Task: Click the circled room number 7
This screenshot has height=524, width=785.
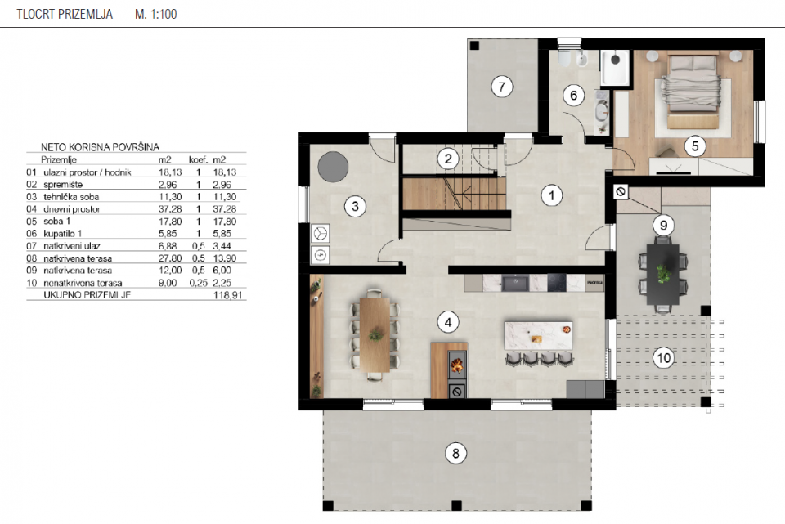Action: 501,87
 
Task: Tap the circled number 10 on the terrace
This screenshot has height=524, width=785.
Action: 663,358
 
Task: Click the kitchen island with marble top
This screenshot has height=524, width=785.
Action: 538,336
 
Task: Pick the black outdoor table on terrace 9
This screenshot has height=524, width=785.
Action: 663,274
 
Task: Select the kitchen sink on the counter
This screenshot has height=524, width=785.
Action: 516,283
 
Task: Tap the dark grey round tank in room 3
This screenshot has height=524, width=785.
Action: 333,167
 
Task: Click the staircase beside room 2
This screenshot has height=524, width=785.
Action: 455,195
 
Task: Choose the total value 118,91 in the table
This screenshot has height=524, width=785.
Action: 228,295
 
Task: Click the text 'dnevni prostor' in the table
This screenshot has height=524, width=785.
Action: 72,209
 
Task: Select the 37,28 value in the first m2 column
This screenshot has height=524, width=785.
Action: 170,209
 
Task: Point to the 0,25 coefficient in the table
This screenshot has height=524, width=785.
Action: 198,283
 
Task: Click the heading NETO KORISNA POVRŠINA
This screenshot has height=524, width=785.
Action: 100,147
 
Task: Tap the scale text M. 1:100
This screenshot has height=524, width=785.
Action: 155,14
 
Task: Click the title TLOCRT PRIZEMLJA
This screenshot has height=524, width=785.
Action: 65,14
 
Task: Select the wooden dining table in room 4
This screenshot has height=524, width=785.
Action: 375,334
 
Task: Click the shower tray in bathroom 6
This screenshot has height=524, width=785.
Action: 615,67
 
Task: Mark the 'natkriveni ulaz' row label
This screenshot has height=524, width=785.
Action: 72,246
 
